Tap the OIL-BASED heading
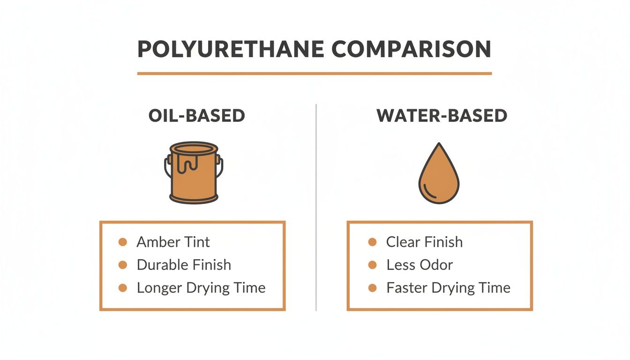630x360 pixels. [x=197, y=116]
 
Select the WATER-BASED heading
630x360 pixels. [x=442, y=116]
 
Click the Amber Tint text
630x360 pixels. [x=173, y=242]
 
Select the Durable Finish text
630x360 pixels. [x=184, y=265]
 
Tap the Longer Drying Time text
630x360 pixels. [x=201, y=288]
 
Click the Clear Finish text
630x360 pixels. [x=424, y=242]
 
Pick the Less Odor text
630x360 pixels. [x=420, y=265]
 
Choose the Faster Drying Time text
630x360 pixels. [x=448, y=288]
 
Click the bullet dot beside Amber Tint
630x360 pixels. [x=123, y=242]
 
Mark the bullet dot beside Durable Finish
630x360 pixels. [x=123, y=265]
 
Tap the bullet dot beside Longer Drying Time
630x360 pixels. [x=123, y=288]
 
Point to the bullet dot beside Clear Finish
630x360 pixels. [x=373, y=242]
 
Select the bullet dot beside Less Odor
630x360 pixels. [x=373, y=265]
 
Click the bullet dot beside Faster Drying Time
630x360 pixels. [x=373, y=288]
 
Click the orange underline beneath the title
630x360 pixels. [x=315, y=74]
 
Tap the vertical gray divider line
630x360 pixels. [x=316, y=206]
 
